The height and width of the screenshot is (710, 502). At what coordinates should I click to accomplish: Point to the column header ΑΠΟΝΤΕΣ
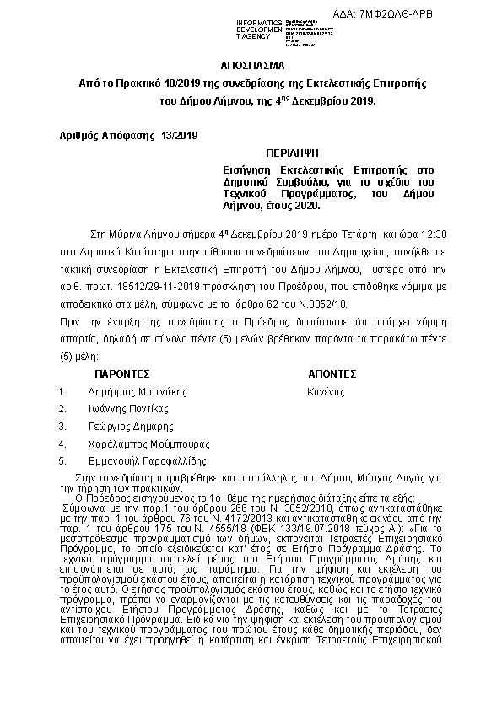click(332, 373)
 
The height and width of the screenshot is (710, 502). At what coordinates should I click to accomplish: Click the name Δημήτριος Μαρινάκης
click(137, 391)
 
